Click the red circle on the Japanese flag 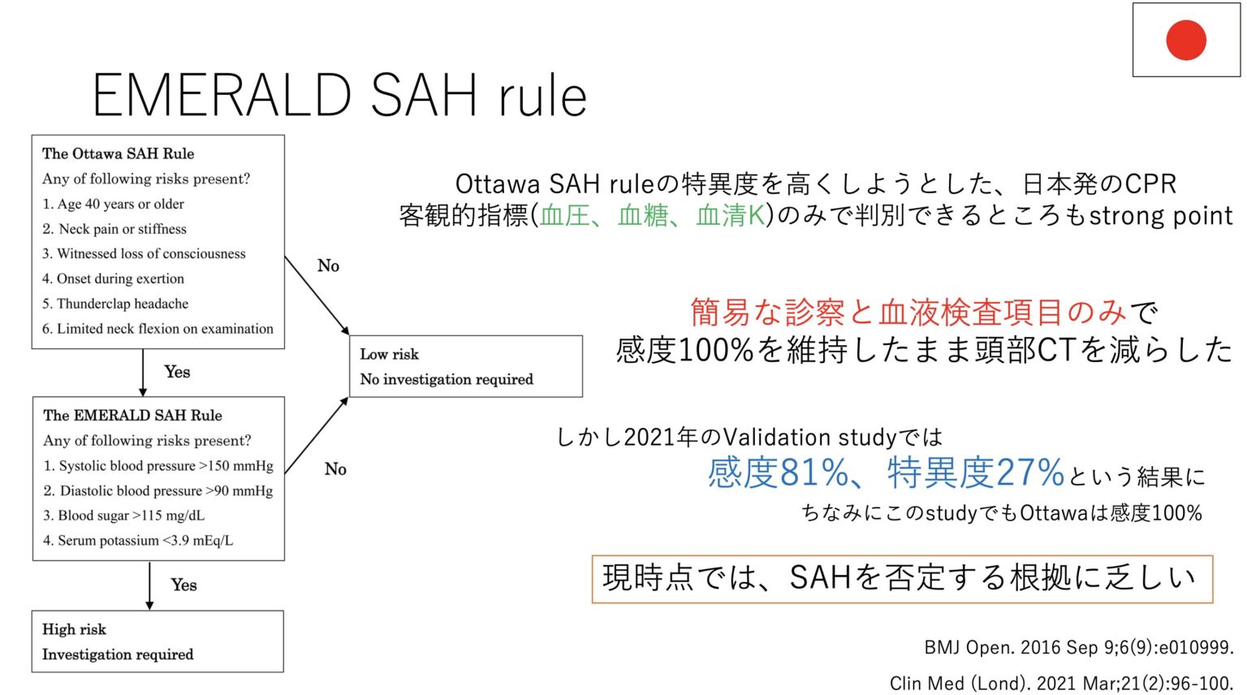tap(1185, 40)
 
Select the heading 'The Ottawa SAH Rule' tap(118, 153)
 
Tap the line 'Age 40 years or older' tap(113, 204)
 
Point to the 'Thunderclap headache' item tap(115, 304)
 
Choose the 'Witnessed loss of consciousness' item tap(144, 253)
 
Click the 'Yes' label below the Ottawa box tap(177, 372)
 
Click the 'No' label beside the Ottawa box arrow tap(328, 265)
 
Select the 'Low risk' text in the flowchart tap(390, 354)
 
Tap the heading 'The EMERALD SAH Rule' tap(132, 415)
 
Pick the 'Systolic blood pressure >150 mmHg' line tap(158, 466)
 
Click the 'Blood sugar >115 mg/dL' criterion tap(123, 516)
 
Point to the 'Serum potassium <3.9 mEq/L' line tap(138, 541)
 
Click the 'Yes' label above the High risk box tap(183, 585)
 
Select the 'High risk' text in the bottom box tap(74, 629)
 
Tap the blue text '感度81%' tap(777, 473)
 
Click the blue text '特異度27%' tap(975, 473)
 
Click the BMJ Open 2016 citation tap(1078, 647)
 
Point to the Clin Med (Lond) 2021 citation tap(1060, 683)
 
